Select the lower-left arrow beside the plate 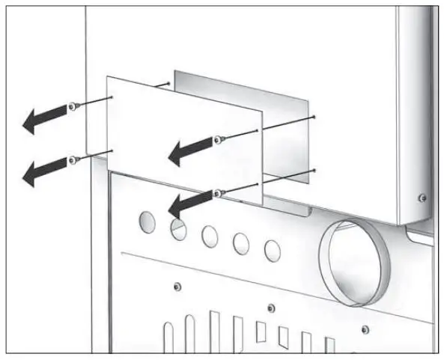click(41, 171)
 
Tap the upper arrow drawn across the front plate click(187, 150)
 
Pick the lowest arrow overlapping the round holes click(187, 203)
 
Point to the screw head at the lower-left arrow click(72, 159)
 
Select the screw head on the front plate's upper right click(218, 138)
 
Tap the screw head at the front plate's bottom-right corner click(217, 193)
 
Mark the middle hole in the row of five click(210, 235)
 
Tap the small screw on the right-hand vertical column click(423, 198)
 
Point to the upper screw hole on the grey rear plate click(315, 117)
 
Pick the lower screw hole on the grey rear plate click(315, 171)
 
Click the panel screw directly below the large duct click(364, 330)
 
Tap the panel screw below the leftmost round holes click(175, 287)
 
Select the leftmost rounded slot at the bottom click(169, 337)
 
